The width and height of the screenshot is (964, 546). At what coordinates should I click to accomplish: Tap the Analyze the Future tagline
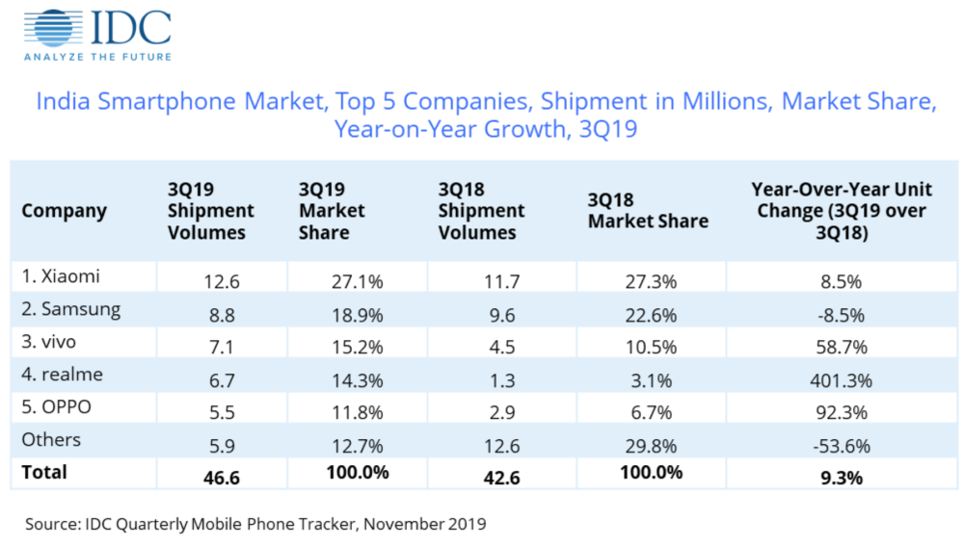click(x=98, y=57)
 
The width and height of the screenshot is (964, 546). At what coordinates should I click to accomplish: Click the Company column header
click(x=64, y=211)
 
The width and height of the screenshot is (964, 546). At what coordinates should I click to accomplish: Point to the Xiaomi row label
click(x=61, y=276)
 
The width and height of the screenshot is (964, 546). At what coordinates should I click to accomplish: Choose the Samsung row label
click(x=70, y=309)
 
